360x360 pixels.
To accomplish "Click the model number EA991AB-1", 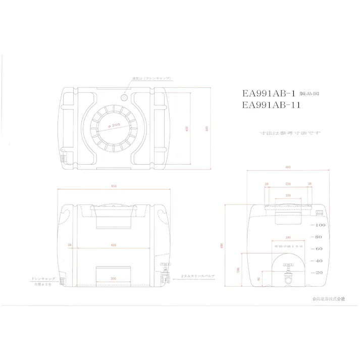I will click(x=269, y=93).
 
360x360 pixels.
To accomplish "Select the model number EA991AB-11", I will click(x=271, y=105).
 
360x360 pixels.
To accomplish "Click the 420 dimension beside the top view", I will click(x=187, y=128).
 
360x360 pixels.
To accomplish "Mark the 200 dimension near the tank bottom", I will click(x=113, y=278).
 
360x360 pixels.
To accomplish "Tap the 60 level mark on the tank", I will click(x=319, y=248).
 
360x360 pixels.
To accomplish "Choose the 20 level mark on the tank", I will click(x=319, y=273).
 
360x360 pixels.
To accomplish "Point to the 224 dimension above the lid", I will click(x=288, y=184).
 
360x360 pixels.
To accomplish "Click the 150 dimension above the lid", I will click(x=288, y=195).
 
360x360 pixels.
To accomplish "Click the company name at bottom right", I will click(x=329, y=299).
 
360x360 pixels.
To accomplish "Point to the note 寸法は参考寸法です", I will click(x=290, y=133).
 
